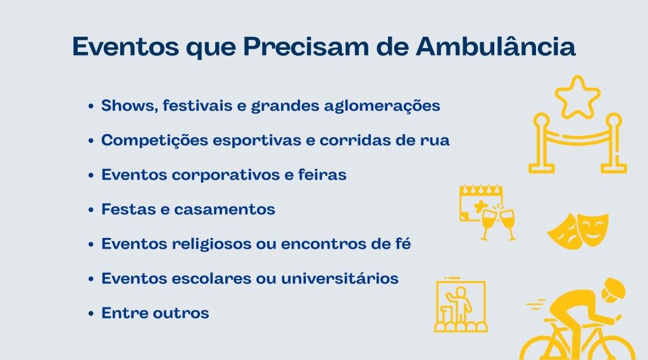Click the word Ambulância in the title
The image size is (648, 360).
point(495,46)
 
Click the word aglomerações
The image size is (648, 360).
point(382,106)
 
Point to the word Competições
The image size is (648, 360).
point(154,140)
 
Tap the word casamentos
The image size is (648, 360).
point(225,209)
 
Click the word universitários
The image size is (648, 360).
point(340,278)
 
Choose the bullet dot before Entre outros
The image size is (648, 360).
point(91,313)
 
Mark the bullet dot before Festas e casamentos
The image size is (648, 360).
point(91,209)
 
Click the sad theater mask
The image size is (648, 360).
point(563,232)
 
